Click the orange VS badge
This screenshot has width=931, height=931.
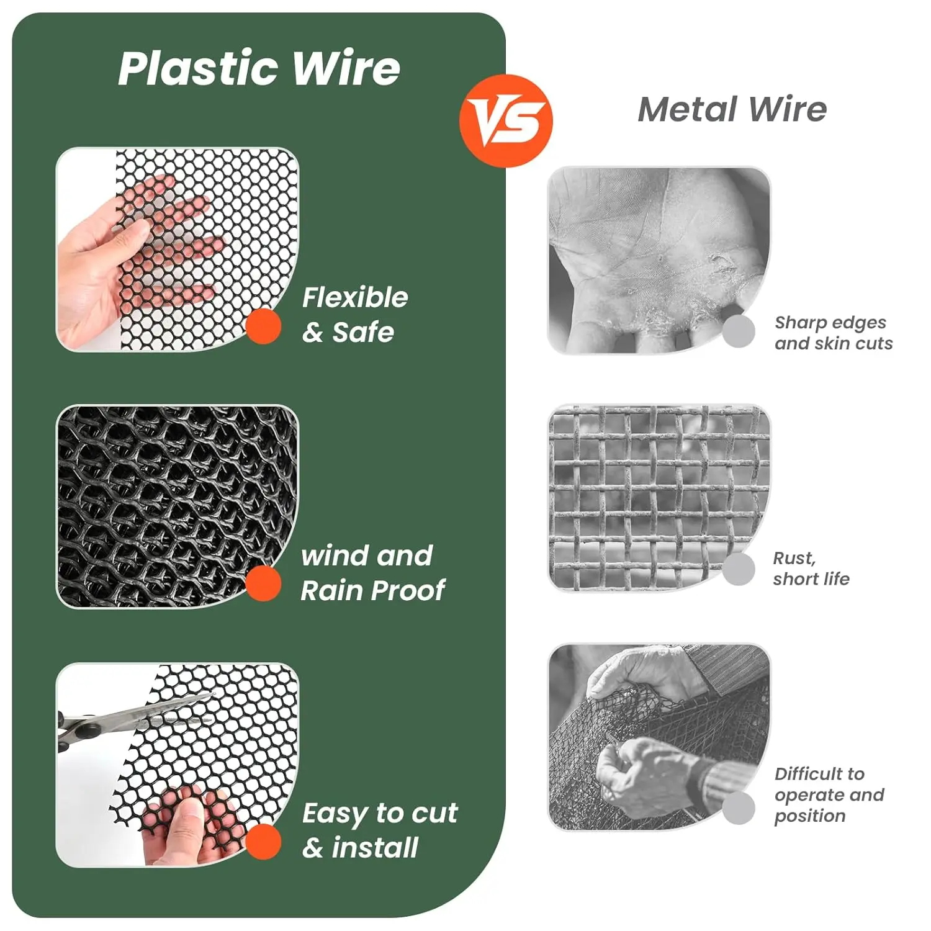tap(506, 121)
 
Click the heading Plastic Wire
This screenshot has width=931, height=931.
tap(259, 68)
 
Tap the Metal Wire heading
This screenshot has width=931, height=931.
tap(732, 110)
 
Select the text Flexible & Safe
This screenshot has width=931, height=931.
tap(354, 315)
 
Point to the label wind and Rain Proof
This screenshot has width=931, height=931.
tap(372, 573)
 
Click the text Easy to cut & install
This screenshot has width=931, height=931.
tap(379, 830)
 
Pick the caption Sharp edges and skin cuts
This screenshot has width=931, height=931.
tap(834, 333)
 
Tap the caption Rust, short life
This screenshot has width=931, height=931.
tap(811, 569)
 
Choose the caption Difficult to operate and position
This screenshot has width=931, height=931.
tap(829, 794)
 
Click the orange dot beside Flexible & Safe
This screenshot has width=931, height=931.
tap(264, 326)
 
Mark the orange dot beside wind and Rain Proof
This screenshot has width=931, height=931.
tap(264, 583)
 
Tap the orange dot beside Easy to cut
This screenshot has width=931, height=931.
tap(264, 842)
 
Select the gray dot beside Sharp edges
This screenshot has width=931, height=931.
tap(739, 331)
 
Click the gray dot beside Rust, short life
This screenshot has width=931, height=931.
tap(739, 569)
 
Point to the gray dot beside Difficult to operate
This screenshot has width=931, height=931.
tap(739, 807)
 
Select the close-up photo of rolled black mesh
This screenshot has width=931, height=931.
tap(178, 506)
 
